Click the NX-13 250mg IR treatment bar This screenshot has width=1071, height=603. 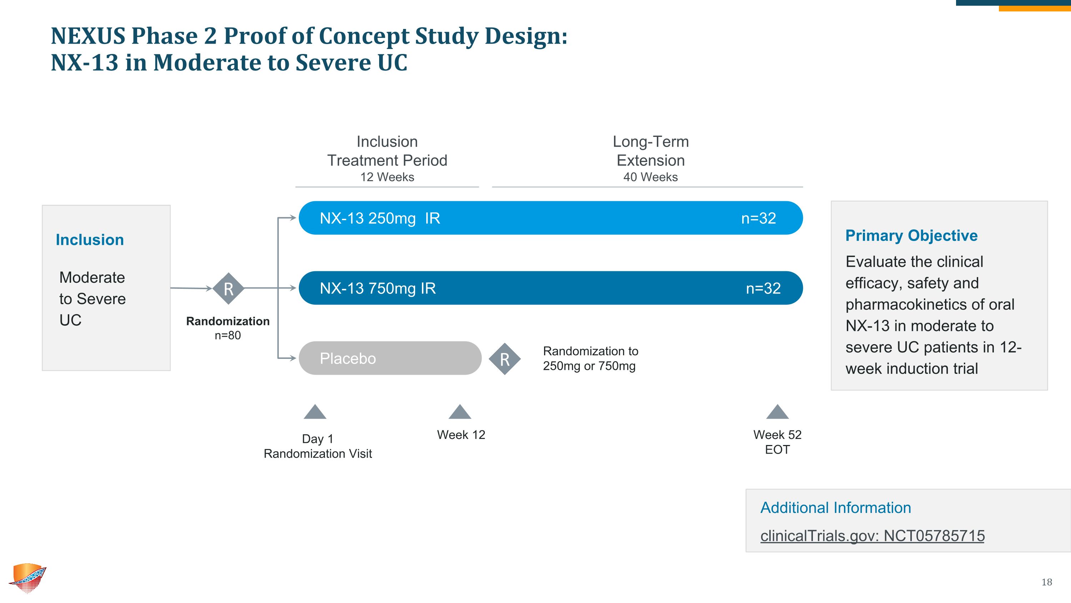[x=550, y=218]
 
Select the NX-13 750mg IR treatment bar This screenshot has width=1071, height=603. [x=550, y=288]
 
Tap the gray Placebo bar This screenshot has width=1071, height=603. [x=389, y=358]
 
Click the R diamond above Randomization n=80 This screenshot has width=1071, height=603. [x=228, y=288]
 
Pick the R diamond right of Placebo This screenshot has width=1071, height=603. [x=504, y=359]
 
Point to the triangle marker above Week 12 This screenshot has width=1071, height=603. [x=460, y=412]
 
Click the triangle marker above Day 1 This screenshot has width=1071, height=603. [x=315, y=412]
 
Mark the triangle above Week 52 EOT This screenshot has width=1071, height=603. [x=777, y=412]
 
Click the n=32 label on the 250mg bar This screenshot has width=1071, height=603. [x=758, y=218]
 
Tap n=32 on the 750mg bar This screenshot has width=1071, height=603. [x=763, y=288]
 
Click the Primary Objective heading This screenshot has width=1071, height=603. [x=911, y=236]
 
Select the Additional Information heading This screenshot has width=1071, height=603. [x=836, y=508]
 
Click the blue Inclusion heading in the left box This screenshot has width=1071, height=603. [x=90, y=240]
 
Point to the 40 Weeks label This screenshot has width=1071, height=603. [x=650, y=177]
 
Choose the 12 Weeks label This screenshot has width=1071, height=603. [x=387, y=177]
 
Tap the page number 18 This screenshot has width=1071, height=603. [x=1046, y=582]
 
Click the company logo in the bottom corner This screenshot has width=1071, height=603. [x=28, y=578]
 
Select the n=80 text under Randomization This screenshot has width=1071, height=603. [x=228, y=335]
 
